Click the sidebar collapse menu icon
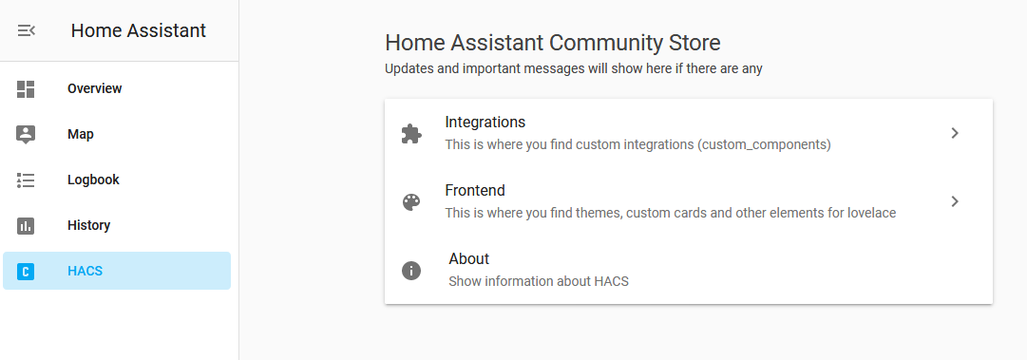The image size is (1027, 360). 26,30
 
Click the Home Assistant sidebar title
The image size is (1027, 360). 138,30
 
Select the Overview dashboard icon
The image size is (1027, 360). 26,89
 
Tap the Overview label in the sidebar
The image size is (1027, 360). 95,89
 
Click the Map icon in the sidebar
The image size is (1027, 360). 26,134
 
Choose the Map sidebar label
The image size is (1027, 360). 81,135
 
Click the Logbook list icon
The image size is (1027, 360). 26,180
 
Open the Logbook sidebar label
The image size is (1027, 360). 93,180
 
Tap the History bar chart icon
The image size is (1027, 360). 26,225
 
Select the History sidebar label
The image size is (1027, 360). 88,226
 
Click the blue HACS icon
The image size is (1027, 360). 26,272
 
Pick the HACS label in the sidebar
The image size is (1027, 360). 85,272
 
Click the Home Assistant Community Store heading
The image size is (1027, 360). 552,43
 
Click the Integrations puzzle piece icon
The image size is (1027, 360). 411,134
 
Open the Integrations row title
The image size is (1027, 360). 485,123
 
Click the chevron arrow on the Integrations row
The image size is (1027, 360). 955,133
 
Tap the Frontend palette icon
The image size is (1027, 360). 411,202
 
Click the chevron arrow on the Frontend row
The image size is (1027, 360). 955,201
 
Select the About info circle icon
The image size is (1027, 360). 411,271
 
